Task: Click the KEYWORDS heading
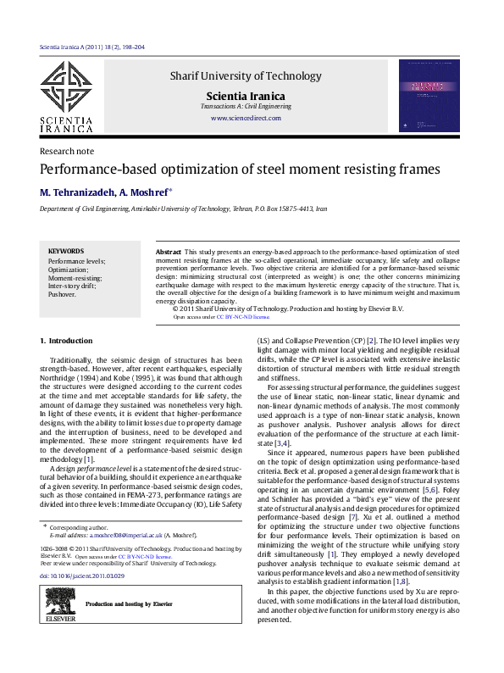[65, 251]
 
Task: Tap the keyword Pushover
[62, 294]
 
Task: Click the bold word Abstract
[169, 253]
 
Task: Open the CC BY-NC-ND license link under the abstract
[242, 316]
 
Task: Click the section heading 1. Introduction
[67, 341]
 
